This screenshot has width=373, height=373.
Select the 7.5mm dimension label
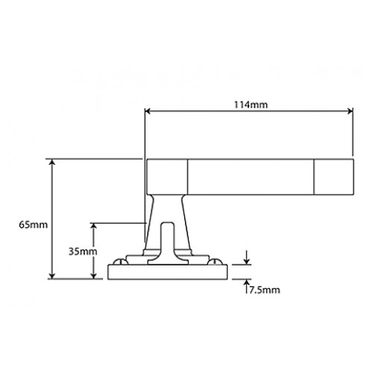tap(264, 289)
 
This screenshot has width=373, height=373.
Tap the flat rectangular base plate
tap(168, 272)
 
